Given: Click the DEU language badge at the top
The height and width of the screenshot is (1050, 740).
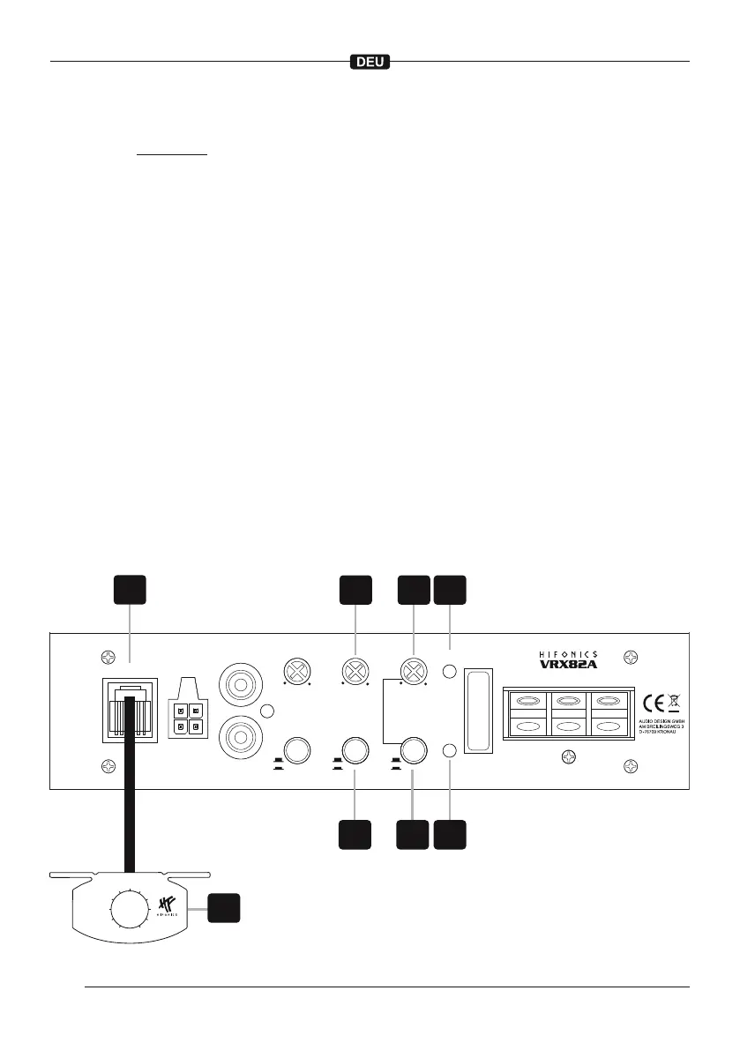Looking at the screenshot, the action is point(370,63).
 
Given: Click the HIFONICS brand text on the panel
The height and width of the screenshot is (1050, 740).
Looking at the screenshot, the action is point(568,654).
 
